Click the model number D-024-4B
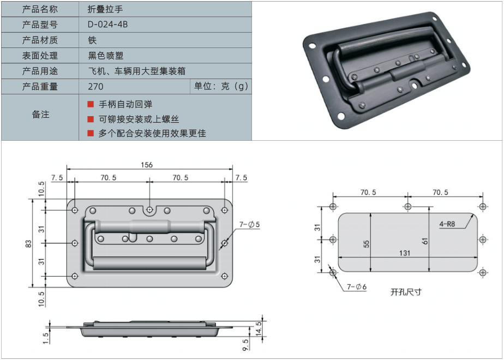click(107, 25)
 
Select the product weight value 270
click(95, 86)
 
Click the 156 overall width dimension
click(147, 165)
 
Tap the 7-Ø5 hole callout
click(249, 225)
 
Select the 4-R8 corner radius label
click(447, 224)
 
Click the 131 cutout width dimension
click(404, 253)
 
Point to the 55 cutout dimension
click(367, 243)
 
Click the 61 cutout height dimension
click(425, 240)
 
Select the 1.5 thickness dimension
click(46, 338)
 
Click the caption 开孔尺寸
click(406, 292)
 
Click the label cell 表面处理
click(40, 56)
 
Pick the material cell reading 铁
click(92, 40)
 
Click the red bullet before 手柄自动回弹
click(91, 104)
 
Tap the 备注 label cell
click(40, 115)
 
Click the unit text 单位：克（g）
click(220, 86)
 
